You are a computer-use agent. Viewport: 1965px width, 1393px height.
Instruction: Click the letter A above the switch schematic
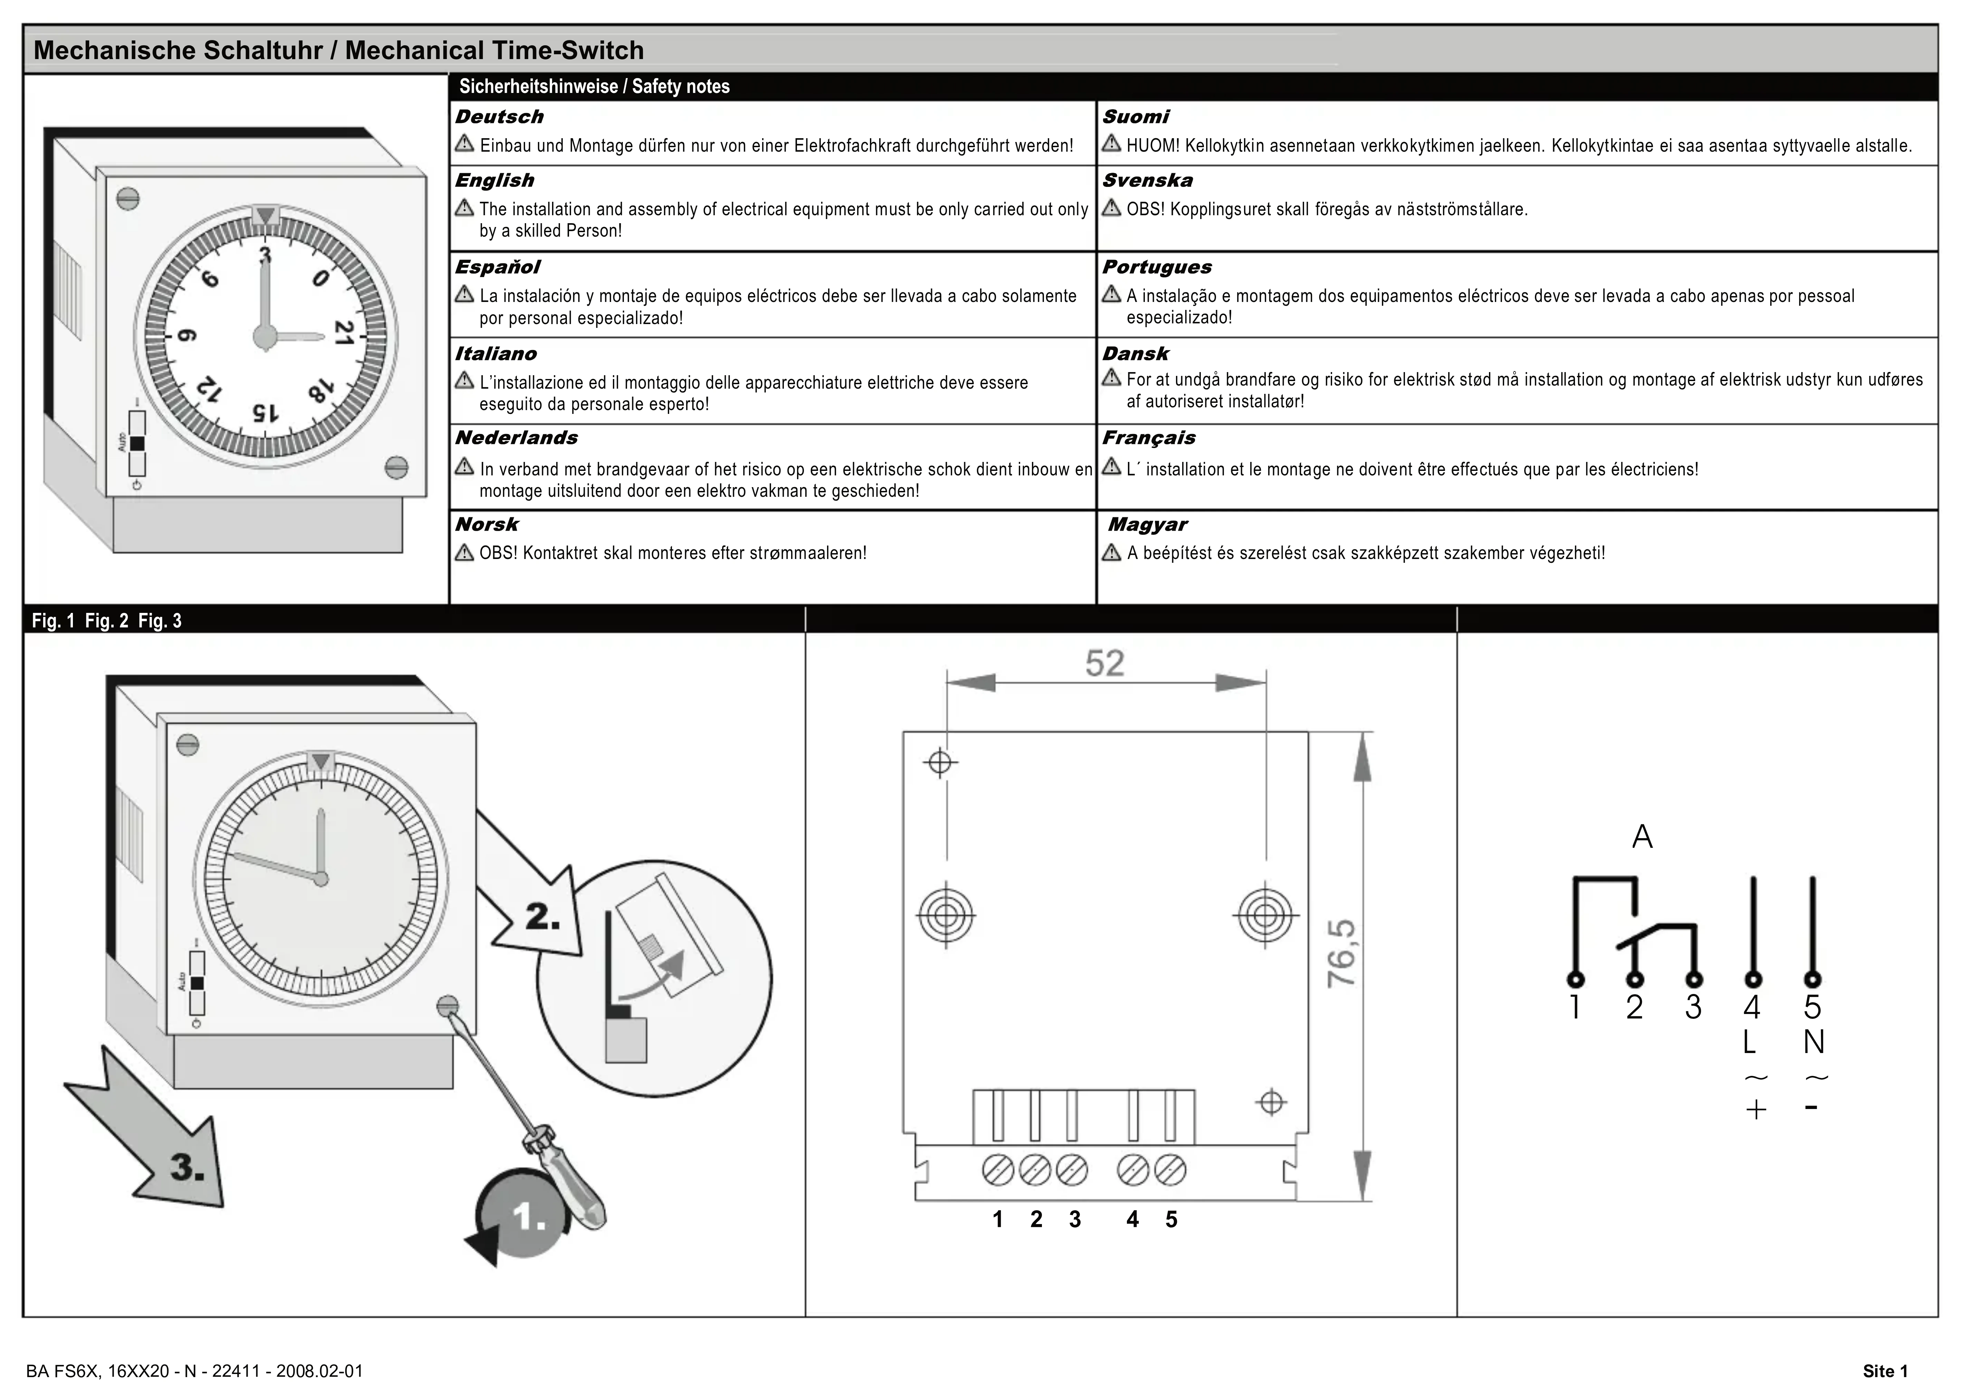[1642, 836]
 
